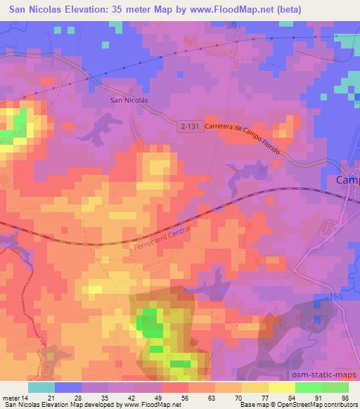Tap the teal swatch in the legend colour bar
pos(41,387)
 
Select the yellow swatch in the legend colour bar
pos(281,387)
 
